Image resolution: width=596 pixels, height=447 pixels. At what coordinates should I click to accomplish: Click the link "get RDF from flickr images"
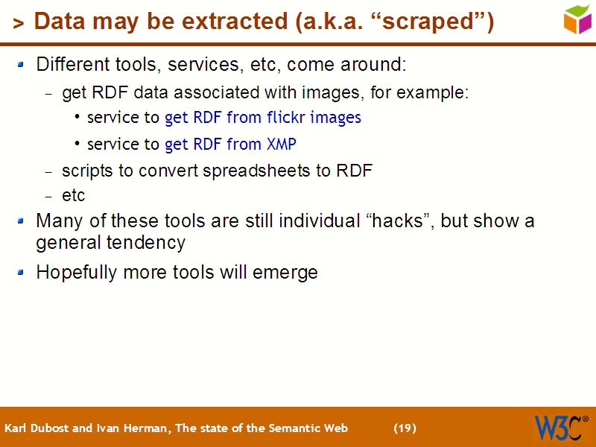click(x=262, y=118)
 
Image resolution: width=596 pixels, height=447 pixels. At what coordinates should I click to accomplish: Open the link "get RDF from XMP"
click(x=230, y=145)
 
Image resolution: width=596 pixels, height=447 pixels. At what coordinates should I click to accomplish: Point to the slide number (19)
click(x=405, y=428)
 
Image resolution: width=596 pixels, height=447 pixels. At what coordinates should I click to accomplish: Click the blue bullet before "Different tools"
click(x=22, y=65)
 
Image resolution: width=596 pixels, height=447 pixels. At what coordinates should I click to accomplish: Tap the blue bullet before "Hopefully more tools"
click(x=22, y=273)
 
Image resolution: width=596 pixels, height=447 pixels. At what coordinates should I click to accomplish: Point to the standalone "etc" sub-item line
click(x=73, y=196)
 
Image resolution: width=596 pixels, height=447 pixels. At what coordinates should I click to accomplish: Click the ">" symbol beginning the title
click(x=19, y=24)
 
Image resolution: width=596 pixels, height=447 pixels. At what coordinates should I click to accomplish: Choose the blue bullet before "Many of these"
click(x=22, y=221)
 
